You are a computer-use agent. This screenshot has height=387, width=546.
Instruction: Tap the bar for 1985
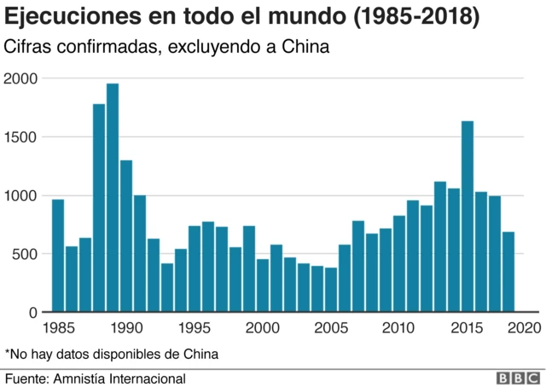pyautogui.click(x=58, y=256)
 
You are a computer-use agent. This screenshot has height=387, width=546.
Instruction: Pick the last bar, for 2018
pyautogui.click(x=508, y=272)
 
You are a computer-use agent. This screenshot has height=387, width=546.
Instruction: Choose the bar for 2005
pyautogui.click(x=331, y=290)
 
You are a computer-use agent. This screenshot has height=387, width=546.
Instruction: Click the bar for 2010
pyautogui.click(x=399, y=263)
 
